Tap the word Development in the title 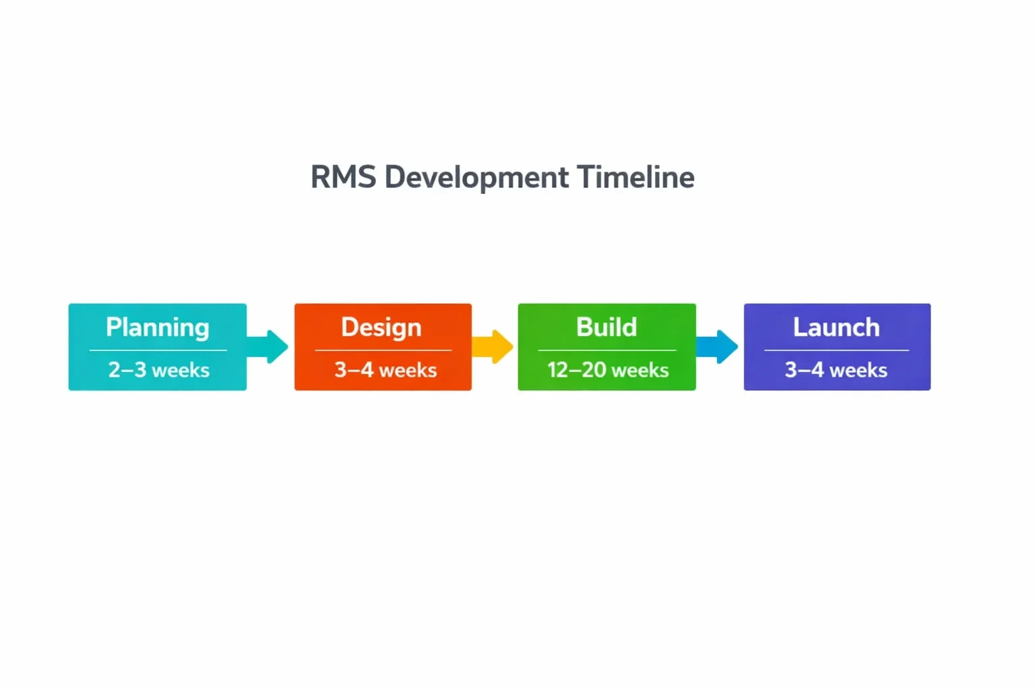click(476, 178)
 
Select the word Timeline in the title click(635, 178)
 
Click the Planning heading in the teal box click(158, 328)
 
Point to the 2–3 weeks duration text click(159, 370)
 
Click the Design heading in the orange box click(381, 327)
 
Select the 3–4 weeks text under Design click(385, 370)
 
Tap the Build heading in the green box click(606, 327)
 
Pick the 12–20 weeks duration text click(608, 370)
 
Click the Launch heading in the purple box click(836, 327)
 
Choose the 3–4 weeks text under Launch click(836, 370)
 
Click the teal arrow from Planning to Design click(270, 347)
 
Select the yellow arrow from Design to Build click(494, 347)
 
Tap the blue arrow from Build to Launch click(719, 347)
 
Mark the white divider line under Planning click(158, 350)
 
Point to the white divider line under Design click(383, 350)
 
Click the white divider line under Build click(606, 350)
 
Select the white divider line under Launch click(836, 350)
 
